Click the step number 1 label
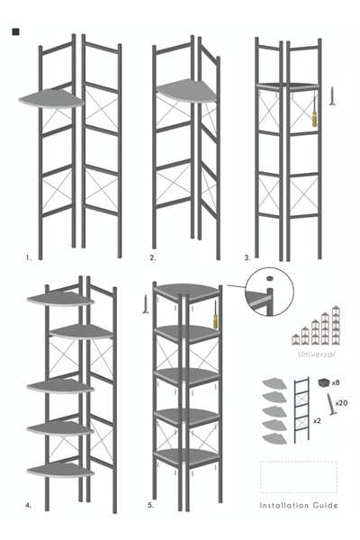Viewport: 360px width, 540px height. pos(29,257)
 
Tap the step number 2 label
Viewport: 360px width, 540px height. pos(153,257)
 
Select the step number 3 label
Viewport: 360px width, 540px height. pos(247,257)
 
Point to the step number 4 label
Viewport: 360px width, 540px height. pos(29,506)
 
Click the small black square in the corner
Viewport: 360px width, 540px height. pos(15,33)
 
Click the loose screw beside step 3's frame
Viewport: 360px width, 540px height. pos(333,95)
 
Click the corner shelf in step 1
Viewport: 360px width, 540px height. pos(50,99)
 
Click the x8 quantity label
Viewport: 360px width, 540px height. pos(335,383)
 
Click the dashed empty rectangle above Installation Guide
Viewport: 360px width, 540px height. pos(298,477)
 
